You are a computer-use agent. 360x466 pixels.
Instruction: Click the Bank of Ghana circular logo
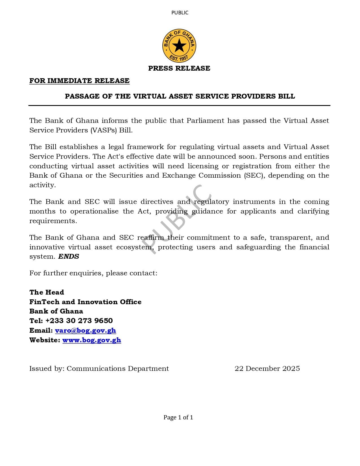click(x=179, y=45)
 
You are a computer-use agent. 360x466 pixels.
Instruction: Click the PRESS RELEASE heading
click(x=179, y=68)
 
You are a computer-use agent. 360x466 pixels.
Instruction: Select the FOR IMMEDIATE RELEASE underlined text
click(x=79, y=81)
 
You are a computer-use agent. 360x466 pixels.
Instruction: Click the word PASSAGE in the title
click(x=82, y=96)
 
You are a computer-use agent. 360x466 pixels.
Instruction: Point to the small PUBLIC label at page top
click(x=180, y=13)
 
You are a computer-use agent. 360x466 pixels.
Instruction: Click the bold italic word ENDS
click(x=69, y=256)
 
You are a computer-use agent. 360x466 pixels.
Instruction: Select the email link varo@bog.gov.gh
click(x=85, y=330)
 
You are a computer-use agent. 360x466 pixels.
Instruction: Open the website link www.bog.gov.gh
click(x=91, y=340)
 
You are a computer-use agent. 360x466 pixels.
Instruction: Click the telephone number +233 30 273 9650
click(x=79, y=321)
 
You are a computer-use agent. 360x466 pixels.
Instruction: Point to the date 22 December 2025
click(x=267, y=369)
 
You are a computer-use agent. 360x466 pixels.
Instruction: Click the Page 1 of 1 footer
click(x=178, y=417)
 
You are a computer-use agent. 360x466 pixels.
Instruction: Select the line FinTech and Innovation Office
click(x=85, y=302)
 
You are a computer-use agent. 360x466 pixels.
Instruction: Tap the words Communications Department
click(x=118, y=369)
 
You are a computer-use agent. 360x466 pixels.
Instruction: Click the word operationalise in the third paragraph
click(x=94, y=211)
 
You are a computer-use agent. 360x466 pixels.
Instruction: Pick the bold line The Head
click(x=47, y=292)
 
